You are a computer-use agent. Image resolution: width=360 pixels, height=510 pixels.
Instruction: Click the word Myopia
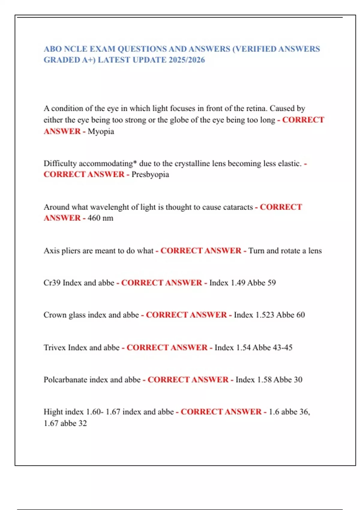pyautogui.click(x=101, y=131)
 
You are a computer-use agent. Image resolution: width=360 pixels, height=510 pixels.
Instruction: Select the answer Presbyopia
pyautogui.click(x=150, y=174)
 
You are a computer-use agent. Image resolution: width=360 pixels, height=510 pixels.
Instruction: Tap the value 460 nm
pyautogui.click(x=100, y=218)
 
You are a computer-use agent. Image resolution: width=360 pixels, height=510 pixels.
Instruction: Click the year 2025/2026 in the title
pyautogui.click(x=187, y=60)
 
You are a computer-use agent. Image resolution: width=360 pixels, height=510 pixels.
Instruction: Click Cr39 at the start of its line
pyautogui.click(x=52, y=283)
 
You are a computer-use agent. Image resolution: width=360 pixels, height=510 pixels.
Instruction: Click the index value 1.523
pyautogui.click(x=265, y=315)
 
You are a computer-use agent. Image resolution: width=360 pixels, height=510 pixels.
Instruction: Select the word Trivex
pyautogui.click(x=55, y=347)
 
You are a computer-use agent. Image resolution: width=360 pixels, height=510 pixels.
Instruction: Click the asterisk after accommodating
pyautogui.click(x=135, y=163)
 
